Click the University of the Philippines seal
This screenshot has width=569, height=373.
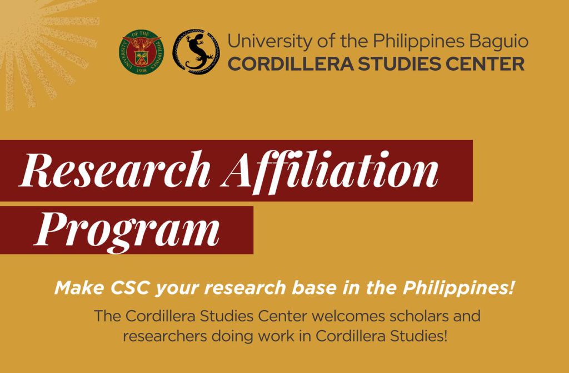(142, 52)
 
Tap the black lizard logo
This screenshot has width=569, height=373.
(196, 52)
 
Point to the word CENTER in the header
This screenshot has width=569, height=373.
(485, 65)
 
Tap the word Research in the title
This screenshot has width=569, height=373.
(114, 170)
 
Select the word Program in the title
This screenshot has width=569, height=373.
(127, 230)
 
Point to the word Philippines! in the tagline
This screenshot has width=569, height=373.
(458, 289)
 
